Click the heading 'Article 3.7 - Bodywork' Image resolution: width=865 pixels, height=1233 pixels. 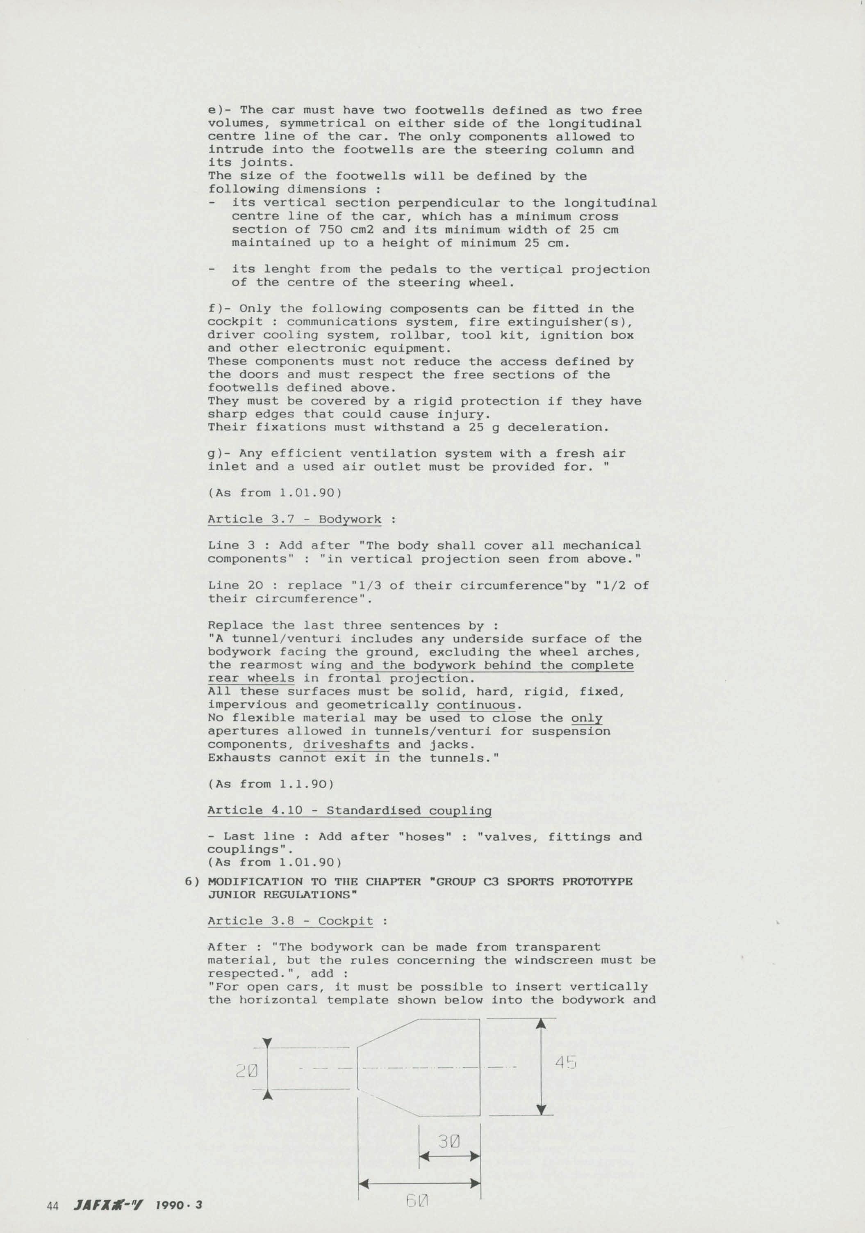click(x=295, y=519)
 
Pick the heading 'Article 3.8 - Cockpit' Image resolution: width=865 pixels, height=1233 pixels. click(x=290, y=921)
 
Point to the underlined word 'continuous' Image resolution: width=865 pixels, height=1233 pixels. click(x=476, y=705)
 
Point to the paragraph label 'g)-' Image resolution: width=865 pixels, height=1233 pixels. click(x=219, y=454)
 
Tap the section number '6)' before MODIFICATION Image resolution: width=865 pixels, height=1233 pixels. click(x=192, y=881)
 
